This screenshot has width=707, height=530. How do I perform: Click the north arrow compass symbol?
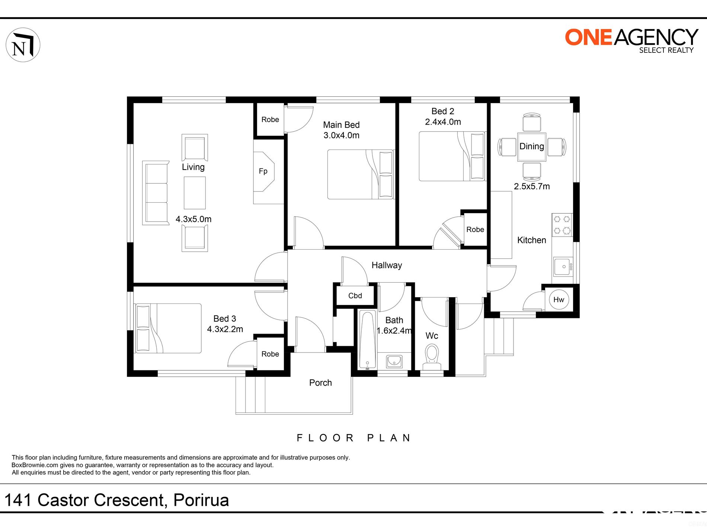pos(23,45)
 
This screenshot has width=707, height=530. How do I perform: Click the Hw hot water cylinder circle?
pos(559,299)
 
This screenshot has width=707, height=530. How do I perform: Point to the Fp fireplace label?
pos(263,171)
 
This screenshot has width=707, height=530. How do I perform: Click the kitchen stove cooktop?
pos(562,225)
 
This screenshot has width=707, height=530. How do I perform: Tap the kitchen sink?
pos(563,267)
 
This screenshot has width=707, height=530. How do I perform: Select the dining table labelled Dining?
pos(532,147)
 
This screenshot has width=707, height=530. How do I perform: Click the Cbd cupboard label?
pos(355,296)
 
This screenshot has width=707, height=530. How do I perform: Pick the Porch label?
pos(320,383)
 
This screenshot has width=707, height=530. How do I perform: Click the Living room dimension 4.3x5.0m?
pos(193,219)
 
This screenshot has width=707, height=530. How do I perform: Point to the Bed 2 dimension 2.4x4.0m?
pos(443,122)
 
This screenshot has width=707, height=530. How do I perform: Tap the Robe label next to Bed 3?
pos(270,354)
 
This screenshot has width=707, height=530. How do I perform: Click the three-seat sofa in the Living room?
pos(156,193)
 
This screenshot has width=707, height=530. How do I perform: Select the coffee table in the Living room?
pos(195,193)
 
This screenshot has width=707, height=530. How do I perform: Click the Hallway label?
pos(387,265)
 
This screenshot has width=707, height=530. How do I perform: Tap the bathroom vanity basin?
pos(394,361)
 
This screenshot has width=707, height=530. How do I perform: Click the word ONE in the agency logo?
pos(588,37)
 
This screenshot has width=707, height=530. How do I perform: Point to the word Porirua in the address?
pos(201,500)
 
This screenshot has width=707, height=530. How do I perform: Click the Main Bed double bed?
pos(360,174)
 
